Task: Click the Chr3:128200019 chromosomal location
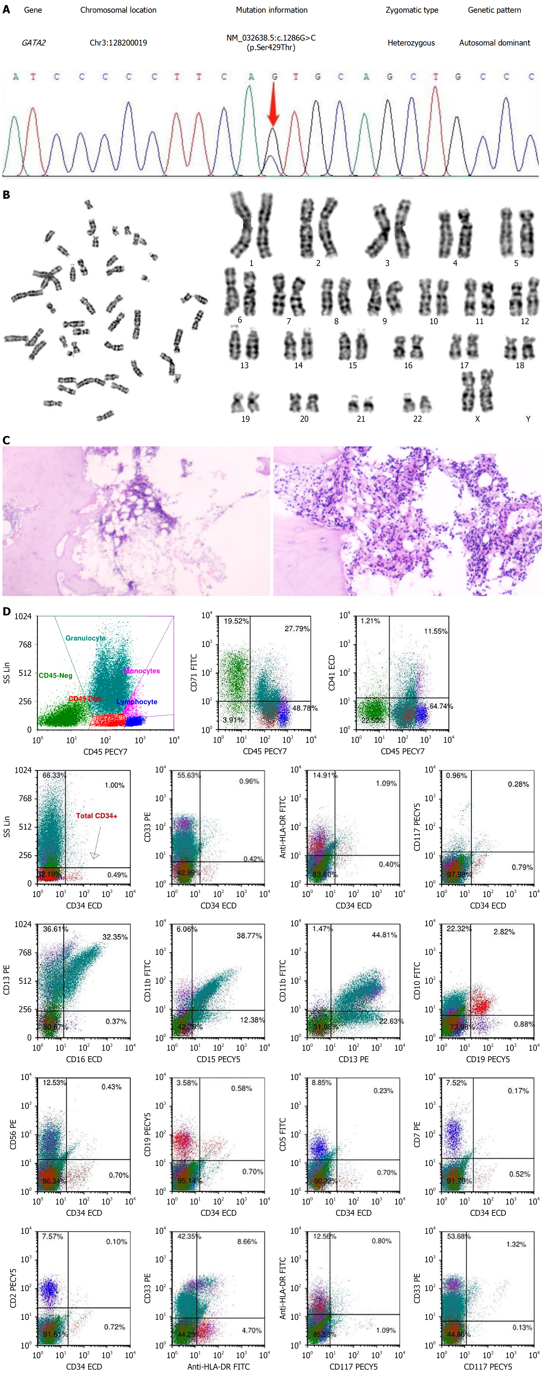point(118,43)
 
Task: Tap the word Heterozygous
point(411,43)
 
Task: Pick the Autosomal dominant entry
point(495,43)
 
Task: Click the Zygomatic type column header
point(412,10)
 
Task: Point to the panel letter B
point(6,195)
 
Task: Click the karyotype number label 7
point(289,321)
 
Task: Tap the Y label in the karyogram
point(528,419)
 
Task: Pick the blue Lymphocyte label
point(137,701)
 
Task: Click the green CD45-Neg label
point(55,675)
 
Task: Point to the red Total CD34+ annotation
point(96,816)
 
